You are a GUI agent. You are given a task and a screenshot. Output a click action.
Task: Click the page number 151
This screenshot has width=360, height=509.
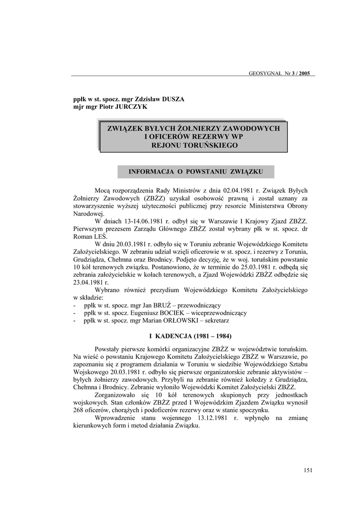307,471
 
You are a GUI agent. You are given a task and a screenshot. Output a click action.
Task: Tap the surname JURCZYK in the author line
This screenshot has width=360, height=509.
131,106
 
